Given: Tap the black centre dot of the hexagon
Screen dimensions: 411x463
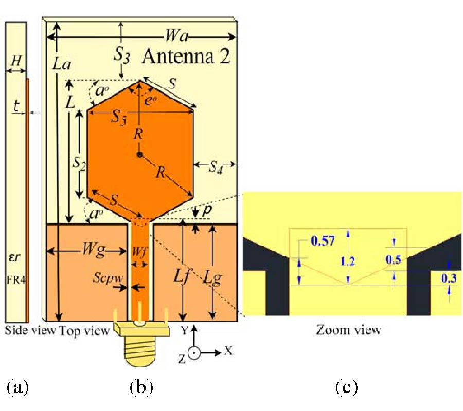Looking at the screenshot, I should [139, 154].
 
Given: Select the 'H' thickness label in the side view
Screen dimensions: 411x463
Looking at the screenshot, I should [16, 60].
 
